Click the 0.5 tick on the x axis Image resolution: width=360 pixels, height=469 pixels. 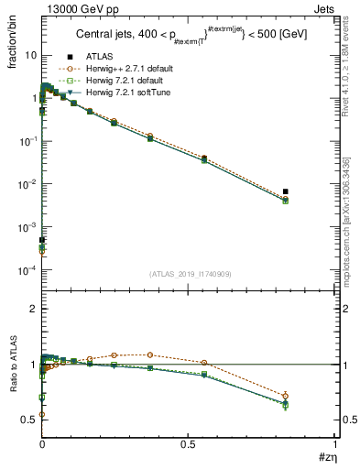point(189,444)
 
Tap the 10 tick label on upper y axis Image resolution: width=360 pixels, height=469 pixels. point(29,55)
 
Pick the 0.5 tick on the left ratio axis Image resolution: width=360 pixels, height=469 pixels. point(29,420)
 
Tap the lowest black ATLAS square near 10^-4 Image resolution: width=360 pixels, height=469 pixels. point(42,240)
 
